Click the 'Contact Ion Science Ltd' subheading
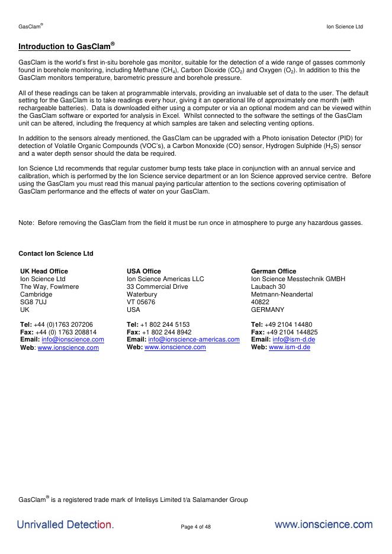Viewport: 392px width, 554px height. click(56, 253)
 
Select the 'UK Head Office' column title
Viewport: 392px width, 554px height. click(44, 271)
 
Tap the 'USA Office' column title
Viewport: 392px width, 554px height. click(143, 271)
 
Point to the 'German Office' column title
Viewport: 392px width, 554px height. click(274, 271)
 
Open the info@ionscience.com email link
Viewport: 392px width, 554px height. click(73, 340)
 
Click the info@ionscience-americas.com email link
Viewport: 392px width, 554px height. click(194, 340)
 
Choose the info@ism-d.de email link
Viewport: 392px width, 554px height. click(294, 340)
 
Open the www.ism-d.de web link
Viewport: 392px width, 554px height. click(290, 347)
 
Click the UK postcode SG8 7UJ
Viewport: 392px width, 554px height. click(33, 302)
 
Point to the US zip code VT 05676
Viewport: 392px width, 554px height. click(141, 302)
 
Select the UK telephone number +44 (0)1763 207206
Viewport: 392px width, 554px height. click(63, 324)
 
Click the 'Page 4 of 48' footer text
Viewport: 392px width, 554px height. click(195, 527)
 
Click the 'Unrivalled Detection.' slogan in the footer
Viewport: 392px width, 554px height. click(65, 525)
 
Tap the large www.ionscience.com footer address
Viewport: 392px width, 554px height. click(323, 524)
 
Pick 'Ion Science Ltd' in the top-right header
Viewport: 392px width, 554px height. click(345, 27)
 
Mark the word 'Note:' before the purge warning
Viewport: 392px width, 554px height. click(26, 223)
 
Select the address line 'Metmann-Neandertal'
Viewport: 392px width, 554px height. click(282, 294)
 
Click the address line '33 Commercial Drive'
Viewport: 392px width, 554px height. click(157, 286)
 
